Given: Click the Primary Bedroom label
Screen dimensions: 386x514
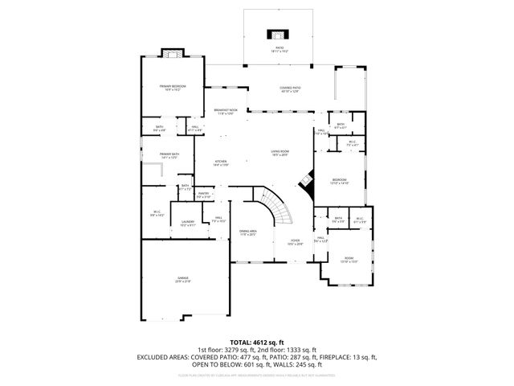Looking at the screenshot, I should [x=173, y=88].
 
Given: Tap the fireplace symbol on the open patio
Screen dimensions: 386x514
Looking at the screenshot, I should [x=278, y=35].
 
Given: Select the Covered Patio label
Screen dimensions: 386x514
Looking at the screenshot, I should [x=290, y=90].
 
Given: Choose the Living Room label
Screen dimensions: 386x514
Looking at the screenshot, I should [x=279, y=152].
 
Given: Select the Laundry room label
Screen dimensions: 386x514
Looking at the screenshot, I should [x=188, y=224].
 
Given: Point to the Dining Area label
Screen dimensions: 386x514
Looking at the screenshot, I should [x=247, y=233].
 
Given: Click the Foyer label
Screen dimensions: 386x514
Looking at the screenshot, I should [x=295, y=241].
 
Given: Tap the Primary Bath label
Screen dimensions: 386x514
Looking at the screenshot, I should [x=169, y=155].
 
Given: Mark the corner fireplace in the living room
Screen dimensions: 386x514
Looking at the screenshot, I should [x=306, y=182].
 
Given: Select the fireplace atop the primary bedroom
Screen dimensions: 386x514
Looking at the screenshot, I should [x=171, y=54].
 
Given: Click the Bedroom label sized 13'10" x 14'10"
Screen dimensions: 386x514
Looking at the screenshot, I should [x=340, y=181].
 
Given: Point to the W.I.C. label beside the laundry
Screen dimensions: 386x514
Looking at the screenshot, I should [x=157, y=214].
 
